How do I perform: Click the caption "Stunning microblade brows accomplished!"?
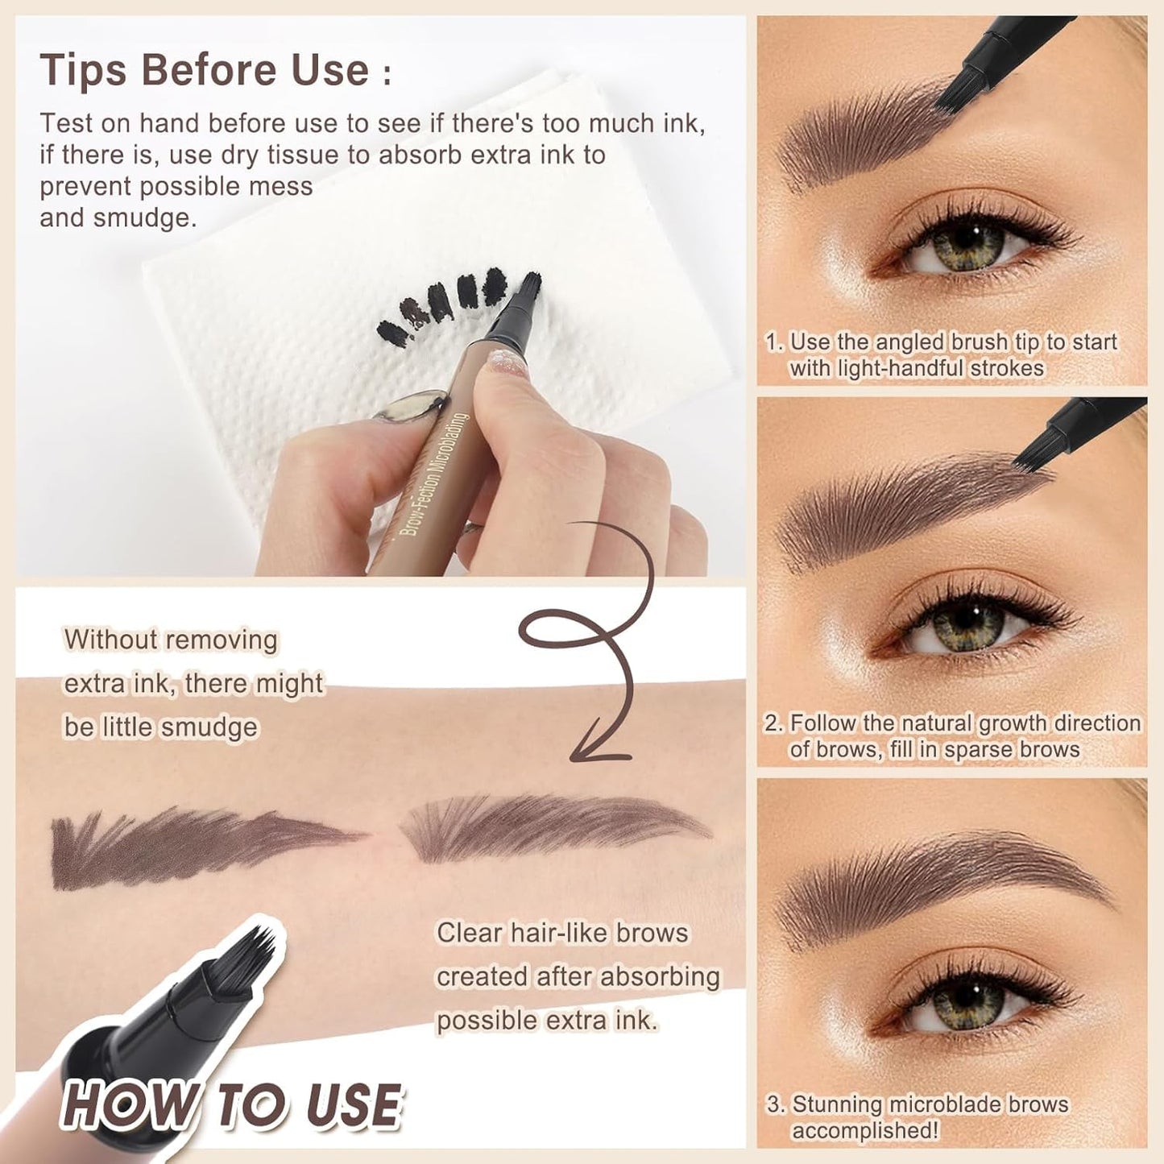pos(918,1116)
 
